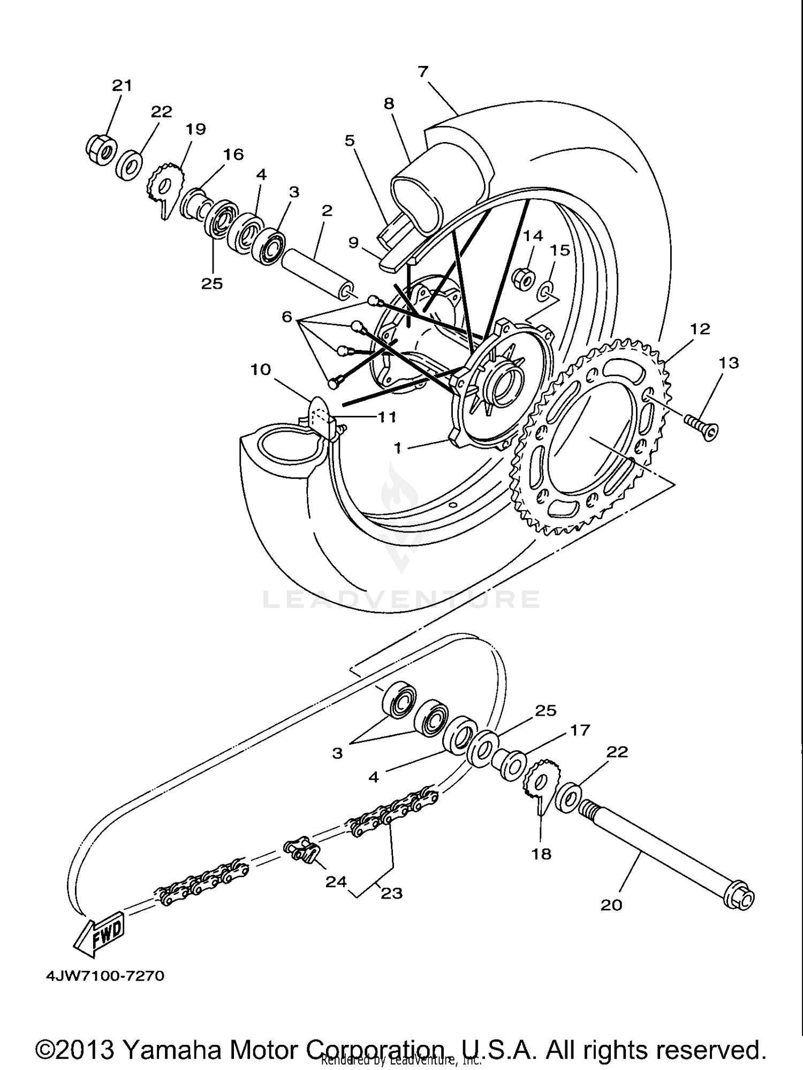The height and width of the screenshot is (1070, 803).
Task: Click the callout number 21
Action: (122, 85)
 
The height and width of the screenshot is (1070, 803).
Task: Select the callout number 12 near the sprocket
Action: (700, 329)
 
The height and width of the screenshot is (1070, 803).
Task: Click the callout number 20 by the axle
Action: (611, 905)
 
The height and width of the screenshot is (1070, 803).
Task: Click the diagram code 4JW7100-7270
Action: (105, 976)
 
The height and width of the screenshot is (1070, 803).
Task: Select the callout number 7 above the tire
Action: (423, 71)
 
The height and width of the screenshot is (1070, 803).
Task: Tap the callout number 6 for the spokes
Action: (287, 317)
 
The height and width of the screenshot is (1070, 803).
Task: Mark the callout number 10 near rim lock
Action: (261, 369)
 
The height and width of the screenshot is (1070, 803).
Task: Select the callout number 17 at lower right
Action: (580, 730)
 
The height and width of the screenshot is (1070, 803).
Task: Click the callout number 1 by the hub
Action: (397, 447)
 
